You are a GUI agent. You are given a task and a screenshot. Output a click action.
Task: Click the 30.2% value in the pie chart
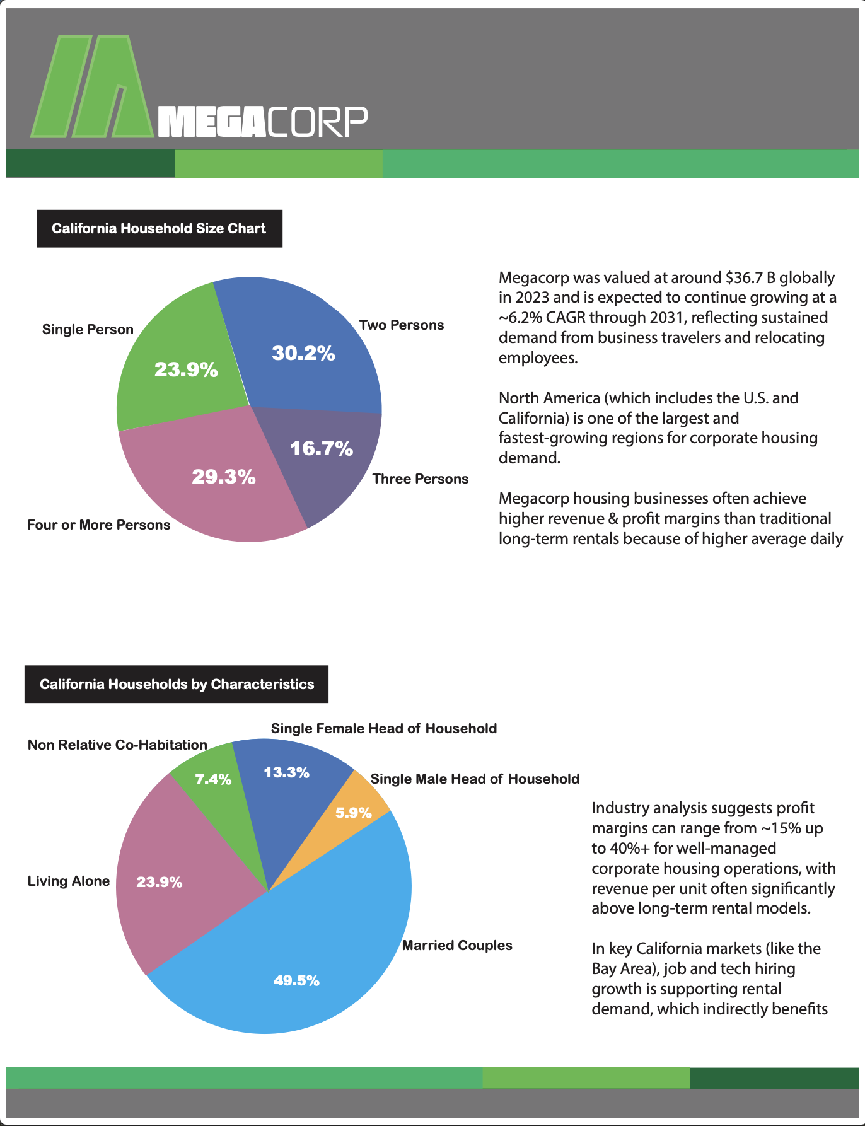[303, 353]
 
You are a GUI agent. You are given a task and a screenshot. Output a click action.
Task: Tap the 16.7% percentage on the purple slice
[321, 448]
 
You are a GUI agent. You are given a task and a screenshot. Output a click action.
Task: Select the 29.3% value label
[224, 477]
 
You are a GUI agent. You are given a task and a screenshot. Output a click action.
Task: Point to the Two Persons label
[402, 325]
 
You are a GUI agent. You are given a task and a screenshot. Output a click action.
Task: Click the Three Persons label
[421, 479]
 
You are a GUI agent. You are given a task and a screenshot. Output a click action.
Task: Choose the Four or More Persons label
[99, 525]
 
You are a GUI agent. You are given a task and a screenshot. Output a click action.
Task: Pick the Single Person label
[88, 330]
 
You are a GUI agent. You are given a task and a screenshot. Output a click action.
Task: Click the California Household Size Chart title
[159, 229]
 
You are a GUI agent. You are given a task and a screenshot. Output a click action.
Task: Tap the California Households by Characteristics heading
[177, 685]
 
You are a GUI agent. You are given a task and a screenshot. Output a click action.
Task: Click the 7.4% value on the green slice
[213, 780]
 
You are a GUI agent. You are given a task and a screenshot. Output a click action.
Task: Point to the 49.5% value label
[296, 980]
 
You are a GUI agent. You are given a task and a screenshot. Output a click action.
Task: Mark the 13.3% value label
[286, 773]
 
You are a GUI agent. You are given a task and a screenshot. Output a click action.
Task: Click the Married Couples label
[457, 946]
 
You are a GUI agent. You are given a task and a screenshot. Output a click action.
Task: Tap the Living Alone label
[69, 881]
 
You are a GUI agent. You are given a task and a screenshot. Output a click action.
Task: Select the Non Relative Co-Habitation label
[117, 745]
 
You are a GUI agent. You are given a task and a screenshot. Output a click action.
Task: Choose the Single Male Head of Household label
[475, 779]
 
